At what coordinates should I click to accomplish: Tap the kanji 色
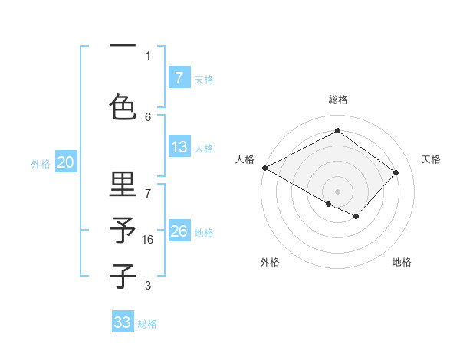pos(123,106)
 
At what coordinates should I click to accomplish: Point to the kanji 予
pos(123,231)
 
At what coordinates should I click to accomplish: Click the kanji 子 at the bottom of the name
pos(123,277)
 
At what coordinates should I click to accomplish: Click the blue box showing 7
pos(179,78)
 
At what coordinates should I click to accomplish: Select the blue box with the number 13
pos(179,147)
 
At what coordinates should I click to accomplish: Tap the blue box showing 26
pos(179,231)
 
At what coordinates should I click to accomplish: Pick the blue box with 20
pos(65,162)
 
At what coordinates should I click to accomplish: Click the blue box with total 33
pos(123,322)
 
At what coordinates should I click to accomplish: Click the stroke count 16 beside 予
pos(148,240)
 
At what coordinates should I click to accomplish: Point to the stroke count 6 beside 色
pos(148,116)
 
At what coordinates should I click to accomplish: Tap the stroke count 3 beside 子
pos(148,286)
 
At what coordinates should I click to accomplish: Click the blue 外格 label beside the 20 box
pos(40,162)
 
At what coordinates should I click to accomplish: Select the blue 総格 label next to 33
pos(147,323)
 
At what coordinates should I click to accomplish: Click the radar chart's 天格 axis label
pos(431,159)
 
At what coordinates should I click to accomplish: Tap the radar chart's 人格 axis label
pos(245,159)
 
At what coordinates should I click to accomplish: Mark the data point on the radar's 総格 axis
pos(337,131)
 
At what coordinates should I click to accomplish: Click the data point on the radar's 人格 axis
pos(264,168)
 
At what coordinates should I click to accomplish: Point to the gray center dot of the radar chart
pos(337,191)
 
